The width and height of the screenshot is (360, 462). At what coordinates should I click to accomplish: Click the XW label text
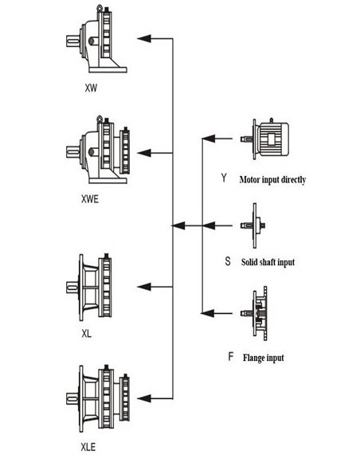pos(91,88)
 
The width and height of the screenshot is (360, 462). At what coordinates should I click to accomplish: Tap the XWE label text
pos(90,199)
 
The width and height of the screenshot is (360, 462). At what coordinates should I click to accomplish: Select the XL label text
pos(87,334)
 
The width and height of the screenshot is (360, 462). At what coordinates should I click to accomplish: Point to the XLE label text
pos(88,447)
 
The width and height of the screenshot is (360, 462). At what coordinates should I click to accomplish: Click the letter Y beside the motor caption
pos(224,178)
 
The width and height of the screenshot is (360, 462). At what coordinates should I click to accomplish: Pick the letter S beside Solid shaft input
pos(228,260)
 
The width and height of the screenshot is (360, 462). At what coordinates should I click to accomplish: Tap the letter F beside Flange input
pos(231,357)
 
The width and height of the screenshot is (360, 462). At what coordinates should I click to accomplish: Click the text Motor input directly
pos(273,179)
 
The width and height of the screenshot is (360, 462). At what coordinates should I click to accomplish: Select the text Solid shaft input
pos(268,262)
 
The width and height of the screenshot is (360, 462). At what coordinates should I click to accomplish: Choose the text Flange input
pos(264,358)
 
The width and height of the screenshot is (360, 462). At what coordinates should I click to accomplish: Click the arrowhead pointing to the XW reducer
pos(144,38)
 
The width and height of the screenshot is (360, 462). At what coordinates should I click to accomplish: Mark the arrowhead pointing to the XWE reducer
pos(144,153)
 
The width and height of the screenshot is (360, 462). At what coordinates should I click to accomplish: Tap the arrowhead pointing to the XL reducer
pos(144,287)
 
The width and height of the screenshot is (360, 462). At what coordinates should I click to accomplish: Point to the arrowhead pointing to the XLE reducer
pos(144,398)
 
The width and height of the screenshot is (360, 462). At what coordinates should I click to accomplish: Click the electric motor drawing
pos(265,139)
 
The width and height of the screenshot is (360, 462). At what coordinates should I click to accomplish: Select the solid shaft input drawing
pos(253,225)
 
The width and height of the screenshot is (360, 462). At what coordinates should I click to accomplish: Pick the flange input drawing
pos(254,313)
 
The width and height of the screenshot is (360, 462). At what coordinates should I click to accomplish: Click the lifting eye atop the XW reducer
pos(100,8)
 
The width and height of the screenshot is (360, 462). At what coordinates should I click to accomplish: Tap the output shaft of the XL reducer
pos(72,288)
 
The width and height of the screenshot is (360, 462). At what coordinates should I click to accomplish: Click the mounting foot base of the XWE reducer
pos(108,180)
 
